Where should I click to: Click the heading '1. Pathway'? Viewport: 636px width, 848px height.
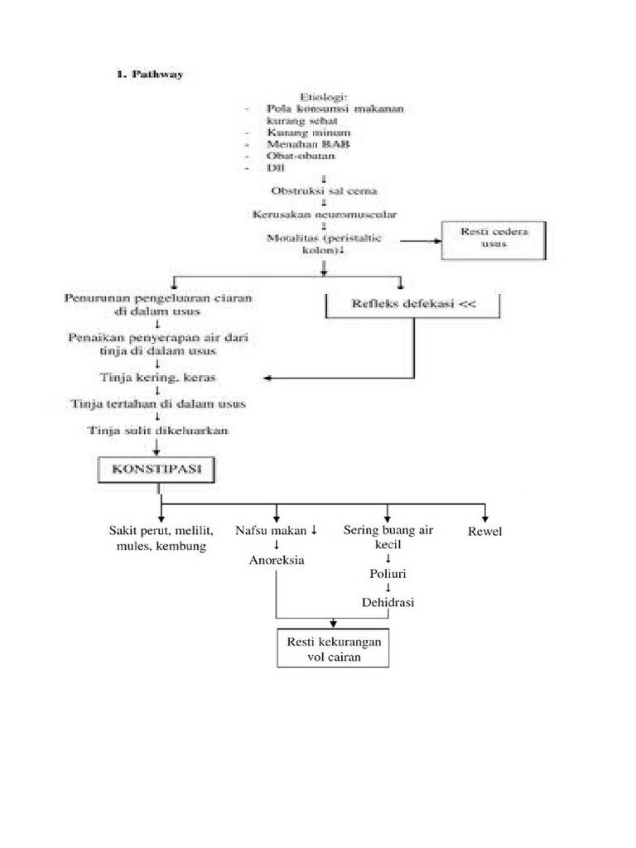pyautogui.click(x=149, y=74)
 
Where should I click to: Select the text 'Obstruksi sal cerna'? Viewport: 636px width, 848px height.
pyautogui.click(x=324, y=190)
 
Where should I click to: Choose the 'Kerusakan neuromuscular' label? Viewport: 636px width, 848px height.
pyautogui.click(x=324, y=214)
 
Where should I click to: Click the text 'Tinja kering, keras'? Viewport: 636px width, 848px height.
pyautogui.click(x=159, y=378)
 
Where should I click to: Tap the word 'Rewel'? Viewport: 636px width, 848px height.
pyautogui.click(x=484, y=531)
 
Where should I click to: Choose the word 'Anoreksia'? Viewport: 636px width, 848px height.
pyautogui.click(x=277, y=560)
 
